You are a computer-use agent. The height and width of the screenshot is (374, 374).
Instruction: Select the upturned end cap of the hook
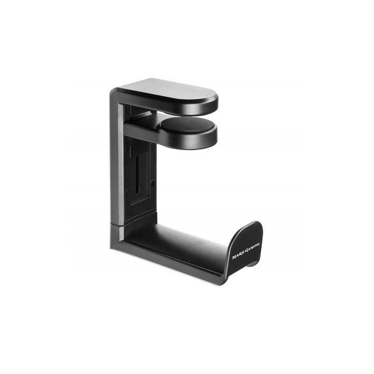click(245, 248)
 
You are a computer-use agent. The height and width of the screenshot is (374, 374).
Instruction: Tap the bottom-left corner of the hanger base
click(112, 248)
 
